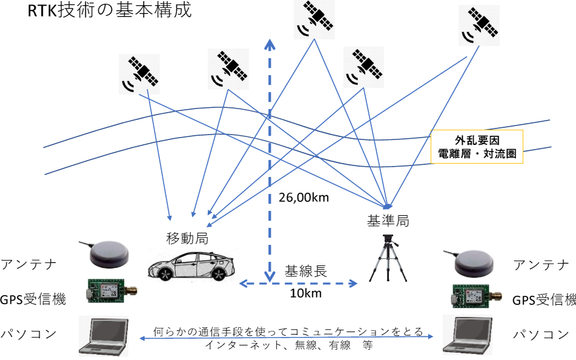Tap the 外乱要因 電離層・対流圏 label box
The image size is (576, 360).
(476, 147)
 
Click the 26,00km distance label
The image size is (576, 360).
(304, 197)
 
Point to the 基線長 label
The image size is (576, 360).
(306, 271)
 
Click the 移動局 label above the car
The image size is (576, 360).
(187, 238)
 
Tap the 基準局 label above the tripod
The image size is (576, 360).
(388, 220)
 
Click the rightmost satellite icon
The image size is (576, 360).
(478, 25)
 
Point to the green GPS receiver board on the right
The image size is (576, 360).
(472, 296)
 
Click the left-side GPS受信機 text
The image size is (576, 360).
(33, 298)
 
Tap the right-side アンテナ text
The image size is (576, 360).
(541, 265)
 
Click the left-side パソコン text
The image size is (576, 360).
(29, 333)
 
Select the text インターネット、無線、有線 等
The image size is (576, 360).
(288, 346)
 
